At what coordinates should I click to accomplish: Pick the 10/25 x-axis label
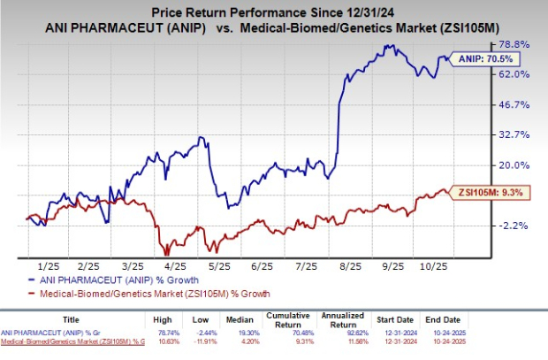click(x=436, y=264)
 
